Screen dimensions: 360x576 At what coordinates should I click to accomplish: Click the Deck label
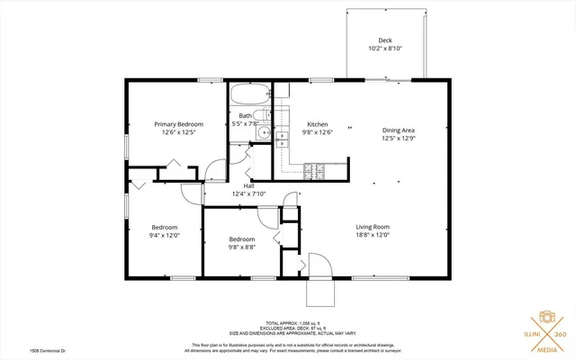[x=384, y=40]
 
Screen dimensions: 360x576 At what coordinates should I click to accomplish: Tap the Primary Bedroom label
[x=178, y=124]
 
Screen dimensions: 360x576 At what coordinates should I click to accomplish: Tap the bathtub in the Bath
[x=247, y=95]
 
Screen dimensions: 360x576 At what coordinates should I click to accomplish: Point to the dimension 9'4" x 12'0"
[x=165, y=235]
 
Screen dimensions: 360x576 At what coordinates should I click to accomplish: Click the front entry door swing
[x=320, y=268]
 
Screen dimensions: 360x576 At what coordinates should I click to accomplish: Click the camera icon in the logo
[x=544, y=317]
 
